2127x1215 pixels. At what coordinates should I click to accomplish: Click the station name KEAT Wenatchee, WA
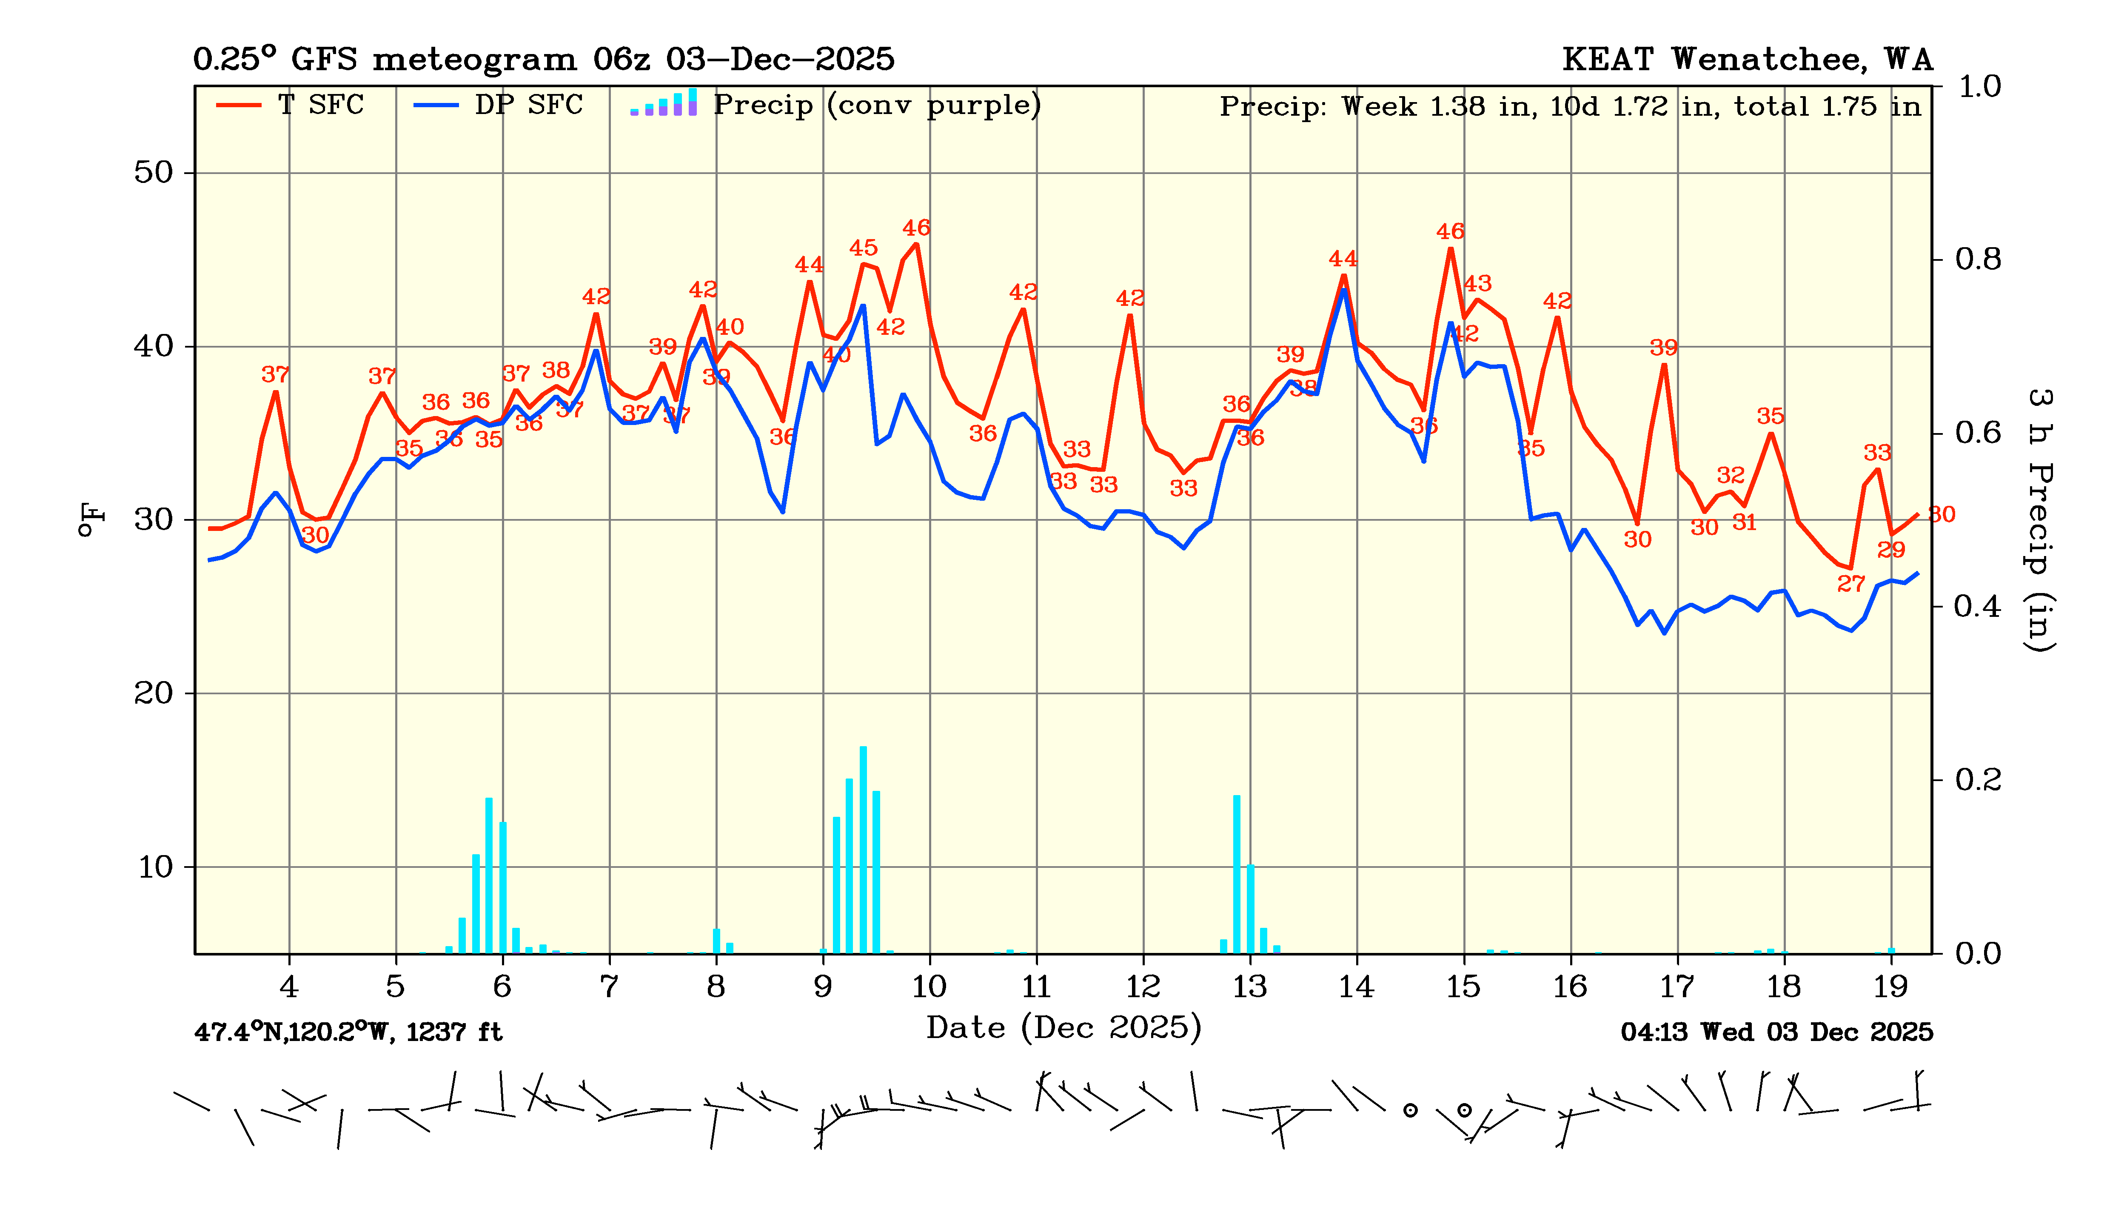tap(1747, 59)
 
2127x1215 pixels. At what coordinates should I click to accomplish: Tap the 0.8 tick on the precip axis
tap(1978, 260)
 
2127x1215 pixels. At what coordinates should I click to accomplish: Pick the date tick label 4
tap(289, 987)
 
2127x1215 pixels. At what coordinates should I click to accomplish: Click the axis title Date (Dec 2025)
tap(1063, 1027)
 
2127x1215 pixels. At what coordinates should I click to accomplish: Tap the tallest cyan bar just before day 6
tap(489, 875)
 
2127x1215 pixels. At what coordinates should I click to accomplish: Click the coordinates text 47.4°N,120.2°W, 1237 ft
tap(348, 1032)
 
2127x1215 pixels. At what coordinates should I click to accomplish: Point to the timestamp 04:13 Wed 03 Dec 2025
tap(1776, 1032)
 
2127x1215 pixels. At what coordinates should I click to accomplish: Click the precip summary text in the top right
tap(1570, 107)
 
